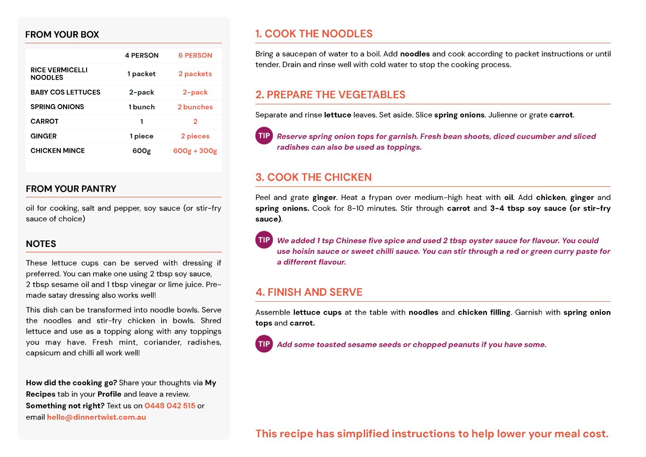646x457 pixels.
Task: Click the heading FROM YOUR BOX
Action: pos(62,35)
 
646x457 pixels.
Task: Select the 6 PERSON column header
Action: pos(195,55)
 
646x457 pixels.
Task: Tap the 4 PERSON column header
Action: pos(142,55)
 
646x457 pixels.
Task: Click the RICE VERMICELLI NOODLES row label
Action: pos(59,74)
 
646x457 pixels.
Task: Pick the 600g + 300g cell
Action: pos(195,151)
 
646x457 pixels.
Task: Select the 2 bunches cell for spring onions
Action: pos(195,107)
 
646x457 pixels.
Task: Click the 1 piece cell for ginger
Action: pos(142,136)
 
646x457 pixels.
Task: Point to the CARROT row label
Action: pos(45,122)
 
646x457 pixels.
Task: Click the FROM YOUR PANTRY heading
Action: pos(71,189)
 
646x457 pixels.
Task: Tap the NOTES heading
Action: pos(41,244)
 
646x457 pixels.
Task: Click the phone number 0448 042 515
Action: pos(170,406)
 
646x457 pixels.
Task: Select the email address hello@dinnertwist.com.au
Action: pos(96,417)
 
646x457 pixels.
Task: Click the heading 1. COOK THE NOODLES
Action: pos(314,34)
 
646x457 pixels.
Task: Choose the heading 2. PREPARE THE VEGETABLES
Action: pos(330,95)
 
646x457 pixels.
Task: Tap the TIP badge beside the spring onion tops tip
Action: pos(264,136)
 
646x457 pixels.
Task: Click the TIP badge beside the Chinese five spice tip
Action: pos(264,240)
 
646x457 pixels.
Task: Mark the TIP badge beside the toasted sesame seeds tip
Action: pos(264,344)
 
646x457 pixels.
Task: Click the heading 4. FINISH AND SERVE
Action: pos(309,293)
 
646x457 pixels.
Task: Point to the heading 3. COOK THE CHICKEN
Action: pos(314,177)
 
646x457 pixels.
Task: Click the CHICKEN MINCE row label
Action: pos(58,151)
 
